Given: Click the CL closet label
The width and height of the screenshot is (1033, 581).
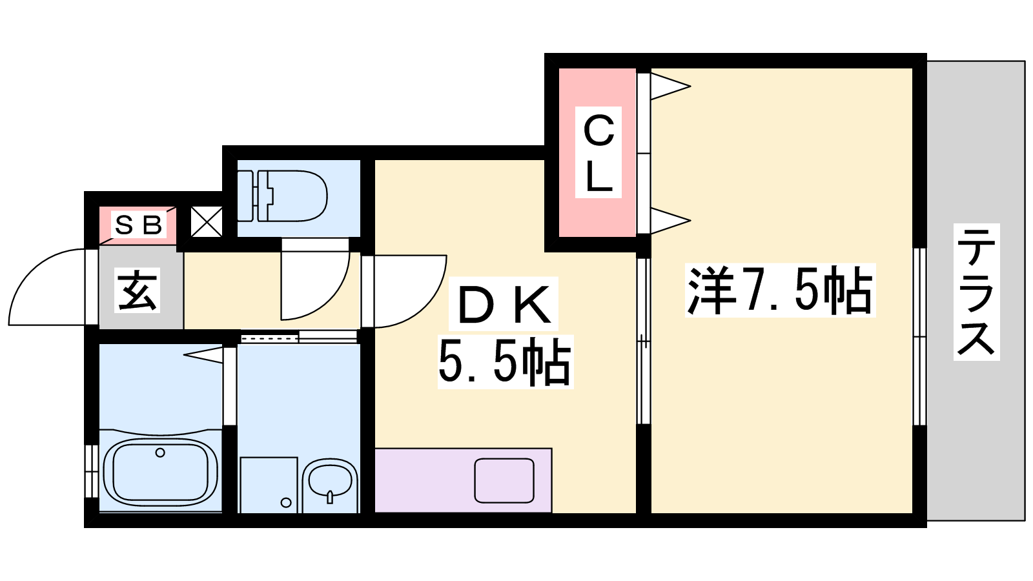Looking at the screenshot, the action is coord(598,152).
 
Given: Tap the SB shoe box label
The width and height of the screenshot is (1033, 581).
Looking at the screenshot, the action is coord(138,225).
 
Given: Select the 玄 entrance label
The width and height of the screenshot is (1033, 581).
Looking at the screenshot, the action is coord(137,290).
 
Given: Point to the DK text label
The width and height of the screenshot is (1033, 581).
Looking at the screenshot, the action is coord(504,304).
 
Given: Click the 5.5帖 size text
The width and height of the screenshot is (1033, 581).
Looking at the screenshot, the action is coord(505,362).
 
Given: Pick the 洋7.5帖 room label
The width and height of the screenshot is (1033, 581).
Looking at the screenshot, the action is coord(780,290).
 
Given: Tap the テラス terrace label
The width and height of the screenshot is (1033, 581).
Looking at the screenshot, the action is coord(976,292).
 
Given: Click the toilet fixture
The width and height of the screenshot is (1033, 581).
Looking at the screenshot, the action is coord(282,196).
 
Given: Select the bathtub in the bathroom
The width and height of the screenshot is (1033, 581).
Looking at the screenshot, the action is coord(161,472).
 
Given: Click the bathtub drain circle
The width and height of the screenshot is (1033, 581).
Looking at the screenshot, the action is coord(160,453).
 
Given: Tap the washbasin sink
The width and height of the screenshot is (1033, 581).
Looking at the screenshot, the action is coord(330,484).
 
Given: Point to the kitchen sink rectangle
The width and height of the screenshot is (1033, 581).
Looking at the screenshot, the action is coord(504,480).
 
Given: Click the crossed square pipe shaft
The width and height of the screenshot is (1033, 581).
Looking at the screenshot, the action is coord(206,222).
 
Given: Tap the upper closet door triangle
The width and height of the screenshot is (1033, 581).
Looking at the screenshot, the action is coord(670,86).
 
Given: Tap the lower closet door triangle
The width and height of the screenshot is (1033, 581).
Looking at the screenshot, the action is coord(670,221).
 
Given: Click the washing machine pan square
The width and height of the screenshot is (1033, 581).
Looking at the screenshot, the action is coord(269,485).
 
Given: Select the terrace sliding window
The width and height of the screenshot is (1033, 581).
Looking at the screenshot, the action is coord(919,336).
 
